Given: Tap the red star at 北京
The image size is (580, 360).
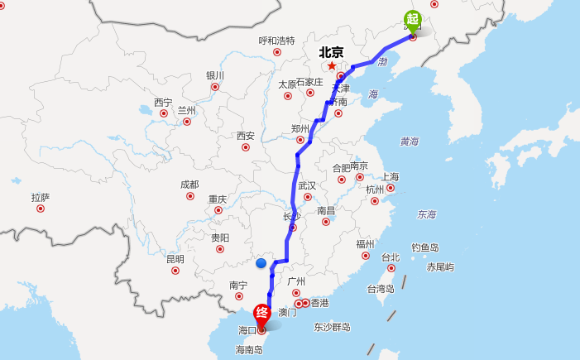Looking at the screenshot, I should (x=332, y=65).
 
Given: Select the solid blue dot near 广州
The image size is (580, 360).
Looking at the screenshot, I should (x=261, y=263).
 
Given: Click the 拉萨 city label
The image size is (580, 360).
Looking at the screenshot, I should (x=41, y=197).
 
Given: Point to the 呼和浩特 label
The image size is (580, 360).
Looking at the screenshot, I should (x=276, y=41).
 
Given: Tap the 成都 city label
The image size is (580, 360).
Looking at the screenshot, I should (x=189, y=185).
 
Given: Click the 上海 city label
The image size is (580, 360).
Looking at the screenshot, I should (x=390, y=176).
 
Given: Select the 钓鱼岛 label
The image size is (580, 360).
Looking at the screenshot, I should (x=425, y=247).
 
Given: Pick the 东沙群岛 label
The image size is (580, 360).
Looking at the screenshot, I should (x=332, y=327).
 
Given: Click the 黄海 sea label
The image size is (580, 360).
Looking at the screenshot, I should (x=409, y=142).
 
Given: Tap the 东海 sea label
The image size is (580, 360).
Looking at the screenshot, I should (x=426, y=214).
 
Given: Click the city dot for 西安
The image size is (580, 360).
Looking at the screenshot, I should (x=246, y=147).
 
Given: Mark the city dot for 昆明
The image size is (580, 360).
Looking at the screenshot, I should (x=175, y=270).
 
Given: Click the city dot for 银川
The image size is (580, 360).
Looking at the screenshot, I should (x=215, y=86).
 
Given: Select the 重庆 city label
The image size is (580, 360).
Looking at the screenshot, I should (x=218, y=199).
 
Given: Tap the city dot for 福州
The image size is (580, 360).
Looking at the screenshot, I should (x=366, y=255).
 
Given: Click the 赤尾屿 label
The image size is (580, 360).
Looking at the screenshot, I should (x=440, y=266).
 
